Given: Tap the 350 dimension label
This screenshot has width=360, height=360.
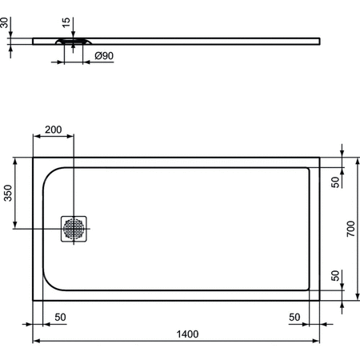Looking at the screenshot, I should pyautogui.click(x=7, y=194).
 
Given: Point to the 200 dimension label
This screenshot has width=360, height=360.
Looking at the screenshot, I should pyautogui.click(x=53, y=130).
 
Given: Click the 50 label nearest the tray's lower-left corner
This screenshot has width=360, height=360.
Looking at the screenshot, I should pyautogui.click(x=60, y=317).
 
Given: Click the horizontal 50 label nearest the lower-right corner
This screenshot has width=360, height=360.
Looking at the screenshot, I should pyautogui.click(x=295, y=317).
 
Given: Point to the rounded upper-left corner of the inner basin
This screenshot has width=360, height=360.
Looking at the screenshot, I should pyautogui.click(x=50, y=172).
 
